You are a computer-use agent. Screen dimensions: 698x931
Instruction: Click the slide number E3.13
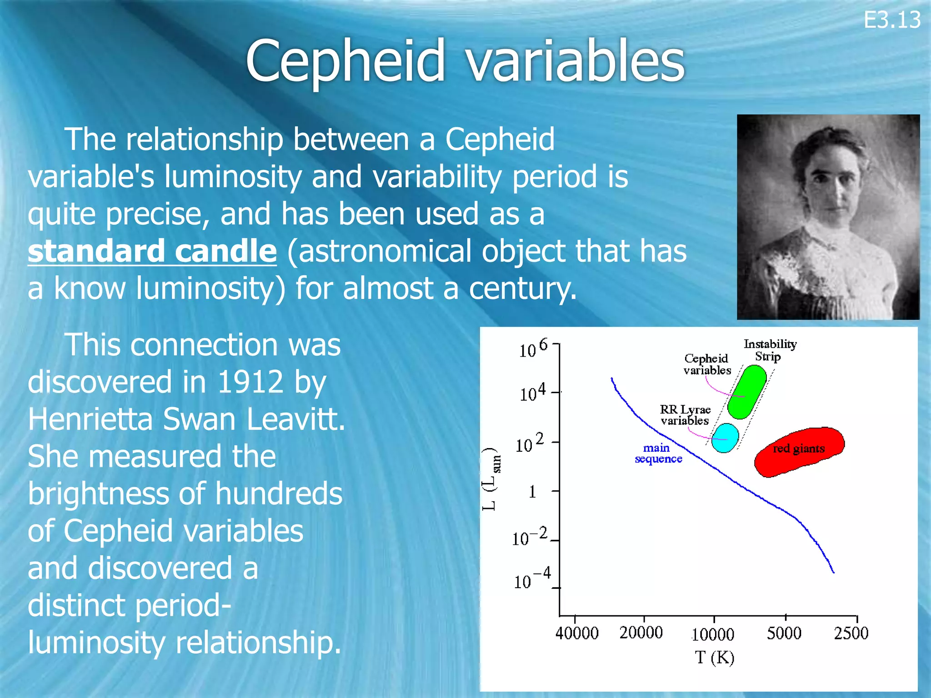pyautogui.click(x=892, y=20)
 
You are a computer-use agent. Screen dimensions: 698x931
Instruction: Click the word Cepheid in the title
pyautogui.click(x=345, y=61)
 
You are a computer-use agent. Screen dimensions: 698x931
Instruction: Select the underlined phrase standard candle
pyautogui.click(x=152, y=251)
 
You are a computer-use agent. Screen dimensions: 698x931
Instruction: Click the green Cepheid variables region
pyautogui.click(x=746, y=392)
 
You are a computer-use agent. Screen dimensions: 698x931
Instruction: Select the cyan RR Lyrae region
pyautogui.click(x=725, y=438)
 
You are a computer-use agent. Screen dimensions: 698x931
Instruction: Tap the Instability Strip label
pyautogui.click(x=770, y=350)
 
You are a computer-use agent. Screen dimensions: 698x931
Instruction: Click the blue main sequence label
pyautogui.click(x=658, y=453)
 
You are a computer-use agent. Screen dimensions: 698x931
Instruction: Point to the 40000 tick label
pyautogui.click(x=576, y=633)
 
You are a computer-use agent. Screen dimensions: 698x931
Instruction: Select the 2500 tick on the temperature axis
pyautogui.click(x=851, y=633)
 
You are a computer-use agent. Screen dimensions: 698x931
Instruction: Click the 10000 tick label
pyautogui.click(x=712, y=634)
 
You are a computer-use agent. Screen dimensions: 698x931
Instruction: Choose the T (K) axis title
pyautogui.click(x=714, y=657)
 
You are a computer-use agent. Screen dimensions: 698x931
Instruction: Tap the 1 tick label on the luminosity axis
pyautogui.click(x=532, y=492)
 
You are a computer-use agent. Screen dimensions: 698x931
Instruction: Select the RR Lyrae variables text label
pyautogui.click(x=685, y=415)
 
